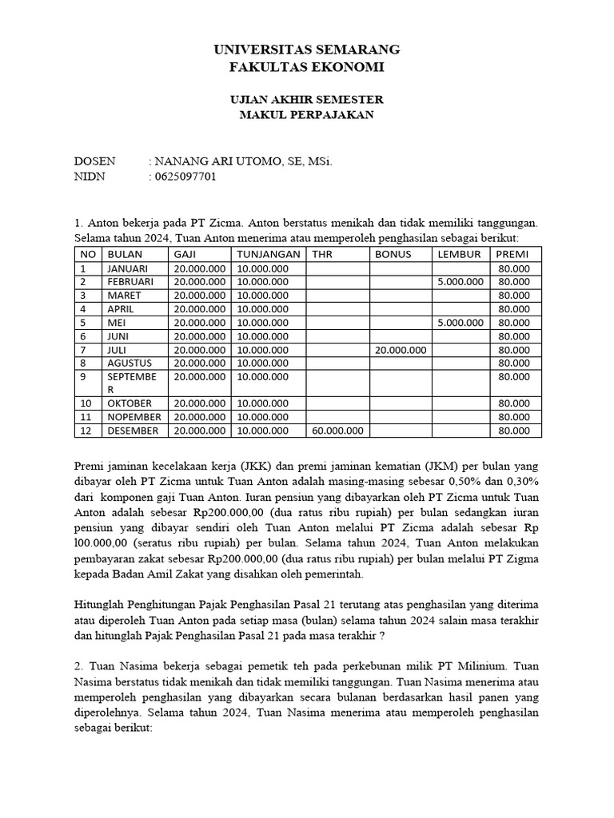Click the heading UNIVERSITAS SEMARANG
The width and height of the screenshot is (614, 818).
click(x=306, y=50)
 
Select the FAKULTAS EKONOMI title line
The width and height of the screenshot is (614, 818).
click(x=306, y=67)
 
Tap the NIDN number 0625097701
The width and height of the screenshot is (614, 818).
click(x=182, y=177)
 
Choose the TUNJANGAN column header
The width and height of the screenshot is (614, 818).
click(x=269, y=254)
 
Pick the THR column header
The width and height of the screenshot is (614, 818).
click(x=321, y=254)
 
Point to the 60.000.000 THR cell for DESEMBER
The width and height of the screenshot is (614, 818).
click(x=337, y=431)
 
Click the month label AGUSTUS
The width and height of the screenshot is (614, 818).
click(x=130, y=363)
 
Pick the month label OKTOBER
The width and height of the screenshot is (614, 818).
click(x=130, y=403)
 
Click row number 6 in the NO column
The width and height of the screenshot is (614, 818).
click(x=82, y=336)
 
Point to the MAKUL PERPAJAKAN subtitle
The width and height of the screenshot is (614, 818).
click(x=306, y=115)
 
